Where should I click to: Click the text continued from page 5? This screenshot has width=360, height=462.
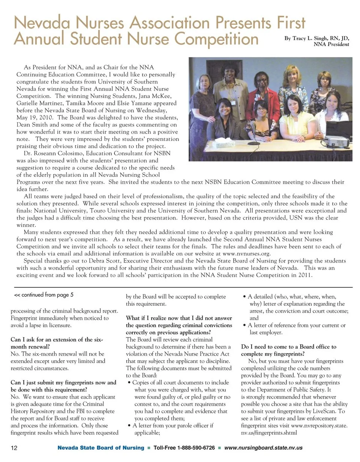[44, 295]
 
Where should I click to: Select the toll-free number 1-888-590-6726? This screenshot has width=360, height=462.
[184, 448]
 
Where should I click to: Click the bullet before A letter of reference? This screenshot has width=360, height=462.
[245, 325]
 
